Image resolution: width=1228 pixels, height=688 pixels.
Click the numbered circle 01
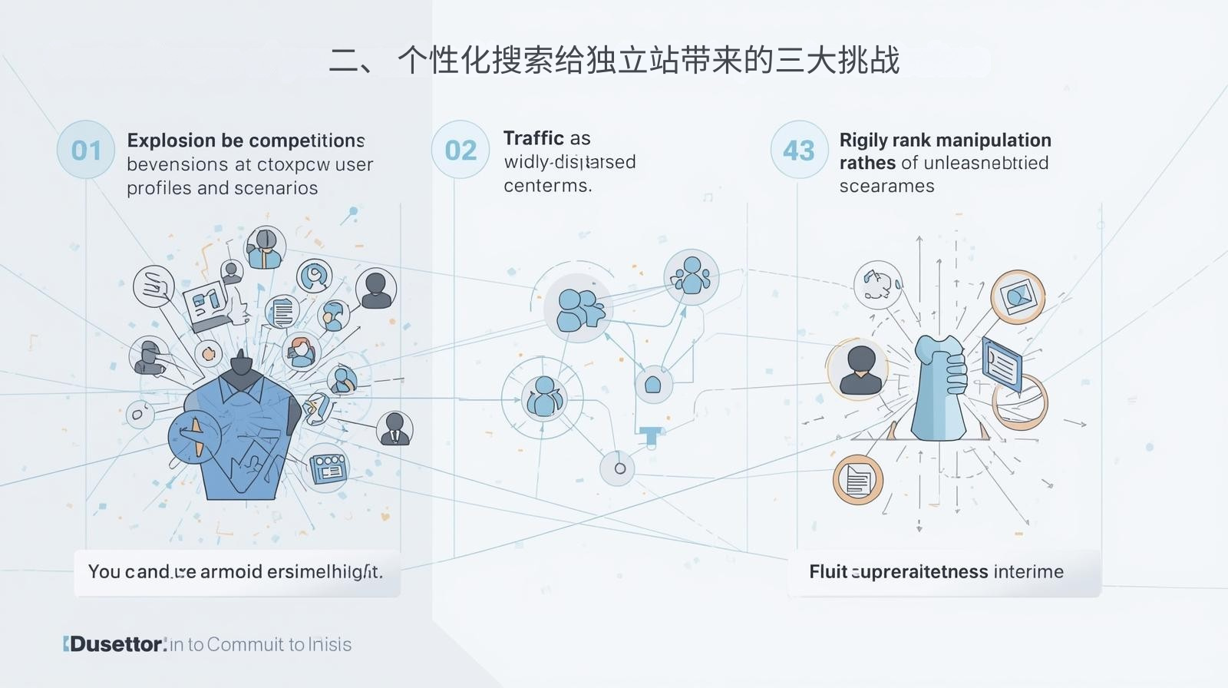[86, 150]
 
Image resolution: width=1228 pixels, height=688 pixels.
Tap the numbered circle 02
[460, 150]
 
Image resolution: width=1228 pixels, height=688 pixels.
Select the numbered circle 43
[799, 150]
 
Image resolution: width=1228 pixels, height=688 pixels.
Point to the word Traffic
[533, 138]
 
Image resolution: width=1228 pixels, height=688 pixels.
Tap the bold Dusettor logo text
[117, 644]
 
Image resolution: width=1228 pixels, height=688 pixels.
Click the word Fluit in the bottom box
[827, 571]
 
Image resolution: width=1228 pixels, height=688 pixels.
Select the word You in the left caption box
[104, 571]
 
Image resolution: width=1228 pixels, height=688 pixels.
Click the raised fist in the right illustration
[942, 384]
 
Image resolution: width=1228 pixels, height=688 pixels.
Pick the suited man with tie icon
[394, 428]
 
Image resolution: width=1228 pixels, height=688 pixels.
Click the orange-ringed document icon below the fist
[857, 480]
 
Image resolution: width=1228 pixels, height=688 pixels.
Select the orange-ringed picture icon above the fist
[1018, 296]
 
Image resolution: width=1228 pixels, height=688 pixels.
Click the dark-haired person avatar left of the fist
[859, 370]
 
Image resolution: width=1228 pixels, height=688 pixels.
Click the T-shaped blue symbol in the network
[650, 435]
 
